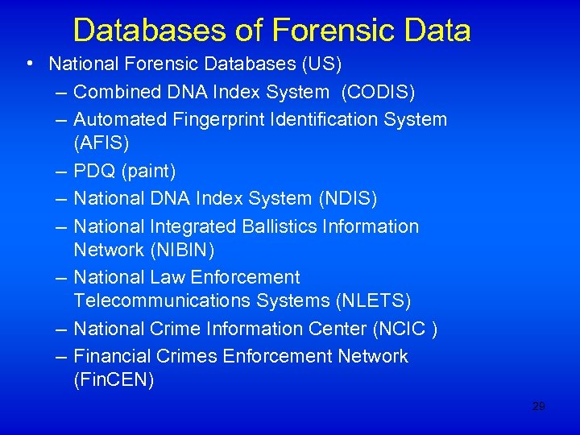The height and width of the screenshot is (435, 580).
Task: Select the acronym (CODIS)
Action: click(378, 93)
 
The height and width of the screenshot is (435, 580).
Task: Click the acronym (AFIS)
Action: click(101, 143)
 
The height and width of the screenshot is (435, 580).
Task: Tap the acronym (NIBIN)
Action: click(182, 251)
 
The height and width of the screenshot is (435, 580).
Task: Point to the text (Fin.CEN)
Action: click(114, 380)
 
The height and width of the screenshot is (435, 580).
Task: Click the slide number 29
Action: click(538, 407)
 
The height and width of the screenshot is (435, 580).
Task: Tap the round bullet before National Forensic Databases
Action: click(29, 64)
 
